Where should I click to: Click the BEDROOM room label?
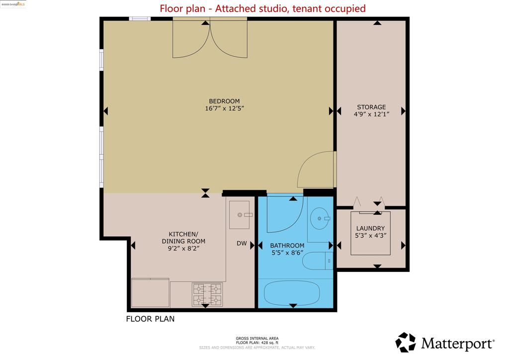(x=224, y=100)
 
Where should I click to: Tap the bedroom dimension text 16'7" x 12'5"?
(x=224, y=108)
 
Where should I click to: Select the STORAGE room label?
(x=371, y=107)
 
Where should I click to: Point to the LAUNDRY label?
(x=370, y=228)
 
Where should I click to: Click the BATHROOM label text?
(x=287, y=246)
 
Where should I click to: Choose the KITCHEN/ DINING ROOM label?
(x=183, y=237)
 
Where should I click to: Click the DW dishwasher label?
(x=242, y=244)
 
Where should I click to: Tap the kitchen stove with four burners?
(x=207, y=294)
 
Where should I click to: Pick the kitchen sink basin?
(x=240, y=215)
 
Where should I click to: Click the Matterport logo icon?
(x=405, y=343)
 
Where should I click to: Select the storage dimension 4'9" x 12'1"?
(x=371, y=114)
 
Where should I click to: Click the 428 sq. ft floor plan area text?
(x=257, y=343)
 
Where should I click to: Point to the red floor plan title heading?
(x=262, y=8)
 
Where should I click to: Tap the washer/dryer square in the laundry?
(x=370, y=233)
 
